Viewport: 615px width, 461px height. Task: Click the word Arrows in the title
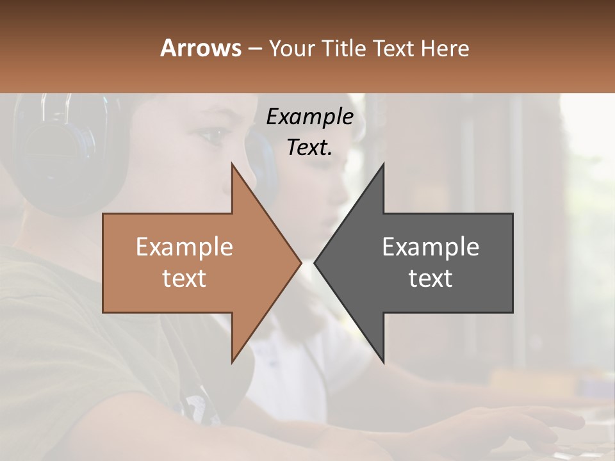coord(201,48)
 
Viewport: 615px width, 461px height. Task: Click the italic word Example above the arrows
coord(309,117)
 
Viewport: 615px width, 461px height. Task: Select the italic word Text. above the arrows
coord(309,148)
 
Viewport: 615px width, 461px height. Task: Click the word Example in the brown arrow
coord(184,247)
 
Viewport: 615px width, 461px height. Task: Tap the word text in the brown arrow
coord(184,279)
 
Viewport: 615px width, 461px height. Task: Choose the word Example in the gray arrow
coord(430,247)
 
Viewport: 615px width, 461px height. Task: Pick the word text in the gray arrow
coord(430,279)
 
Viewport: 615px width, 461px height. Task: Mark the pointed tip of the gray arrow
coord(315,263)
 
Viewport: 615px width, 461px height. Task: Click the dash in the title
coord(254,49)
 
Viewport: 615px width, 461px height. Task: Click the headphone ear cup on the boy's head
coord(61,154)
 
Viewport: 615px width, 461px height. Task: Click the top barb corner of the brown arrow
coord(232,164)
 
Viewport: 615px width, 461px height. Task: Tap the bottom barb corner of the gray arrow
coord(383,362)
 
